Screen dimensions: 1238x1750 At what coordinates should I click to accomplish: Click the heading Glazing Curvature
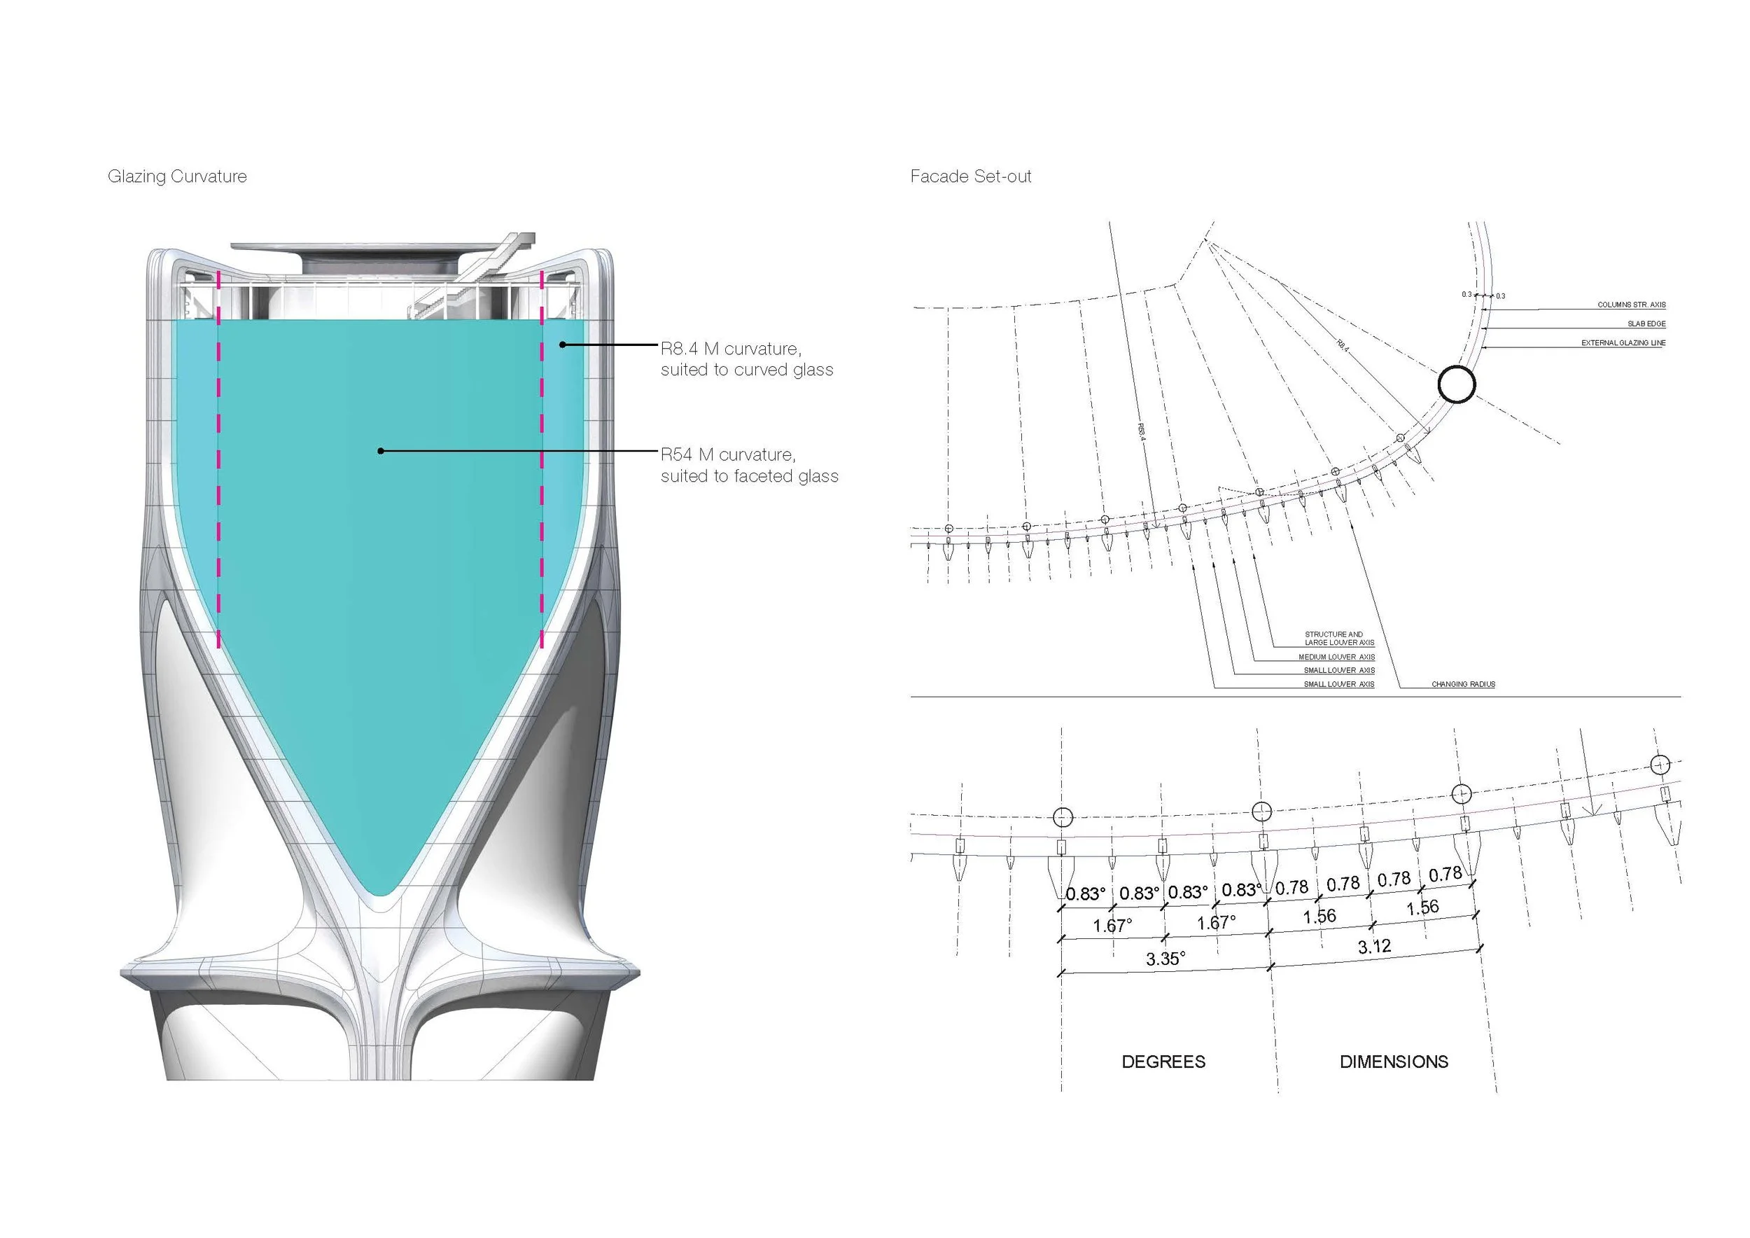coord(177,176)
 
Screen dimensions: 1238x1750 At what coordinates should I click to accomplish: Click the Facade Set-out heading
coord(970,176)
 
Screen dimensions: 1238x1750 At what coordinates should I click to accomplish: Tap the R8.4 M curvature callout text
coord(746,359)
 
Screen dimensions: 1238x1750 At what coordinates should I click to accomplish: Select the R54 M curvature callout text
coord(748,465)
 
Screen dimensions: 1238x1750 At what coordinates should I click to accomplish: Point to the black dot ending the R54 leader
coord(381,451)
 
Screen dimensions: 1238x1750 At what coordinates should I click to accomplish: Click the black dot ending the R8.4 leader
coord(563,345)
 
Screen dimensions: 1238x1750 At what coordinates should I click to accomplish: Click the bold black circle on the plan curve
coord(1457,384)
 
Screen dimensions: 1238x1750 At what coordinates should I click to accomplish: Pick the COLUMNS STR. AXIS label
coord(1631,305)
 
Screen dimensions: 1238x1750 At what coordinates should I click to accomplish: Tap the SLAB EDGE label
coord(1646,324)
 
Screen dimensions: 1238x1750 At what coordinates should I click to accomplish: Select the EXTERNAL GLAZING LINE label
coord(1623,343)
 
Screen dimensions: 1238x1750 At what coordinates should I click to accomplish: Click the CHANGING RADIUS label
coord(1463,685)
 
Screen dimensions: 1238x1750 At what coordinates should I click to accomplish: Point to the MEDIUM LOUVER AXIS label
coord(1336,657)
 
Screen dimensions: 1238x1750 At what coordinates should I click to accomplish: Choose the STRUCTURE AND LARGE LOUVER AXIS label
coord(1338,638)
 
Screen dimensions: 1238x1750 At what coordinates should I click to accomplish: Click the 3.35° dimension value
coord(1165,958)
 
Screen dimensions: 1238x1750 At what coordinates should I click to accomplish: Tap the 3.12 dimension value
coord(1373,947)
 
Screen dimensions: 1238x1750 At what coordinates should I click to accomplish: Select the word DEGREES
coord(1163,1062)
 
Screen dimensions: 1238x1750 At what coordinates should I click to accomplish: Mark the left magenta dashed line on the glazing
coord(218,457)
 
